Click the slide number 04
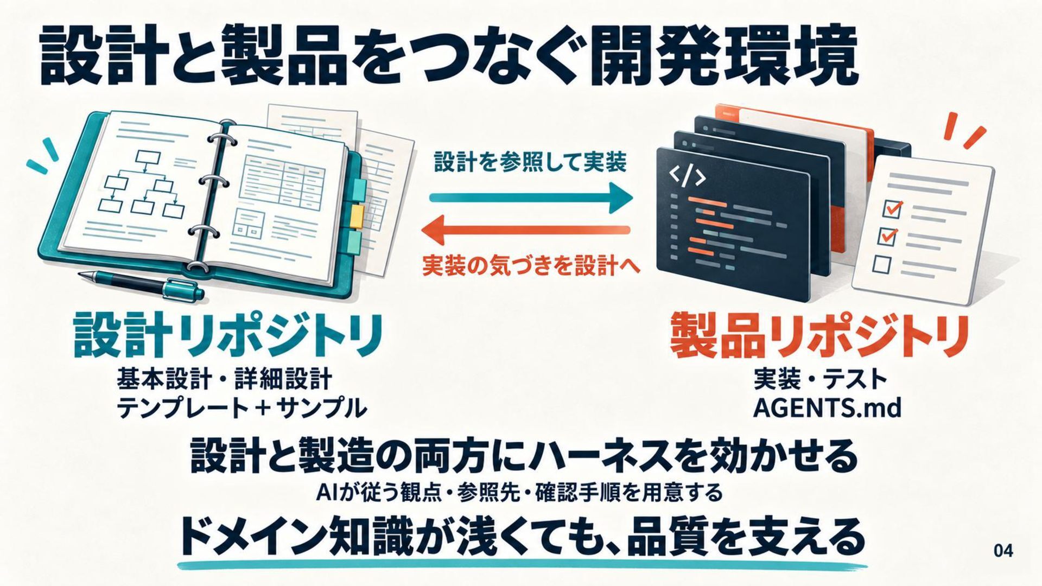[x=1003, y=551]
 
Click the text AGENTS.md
[x=827, y=407]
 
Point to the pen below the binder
[x=141, y=285]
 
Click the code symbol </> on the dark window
[x=687, y=175]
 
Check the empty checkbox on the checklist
[x=882, y=264]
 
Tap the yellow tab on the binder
[x=357, y=215]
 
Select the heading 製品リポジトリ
[x=820, y=334]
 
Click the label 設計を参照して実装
[x=530, y=162]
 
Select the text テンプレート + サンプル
[x=242, y=408]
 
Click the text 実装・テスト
[x=820, y=379]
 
